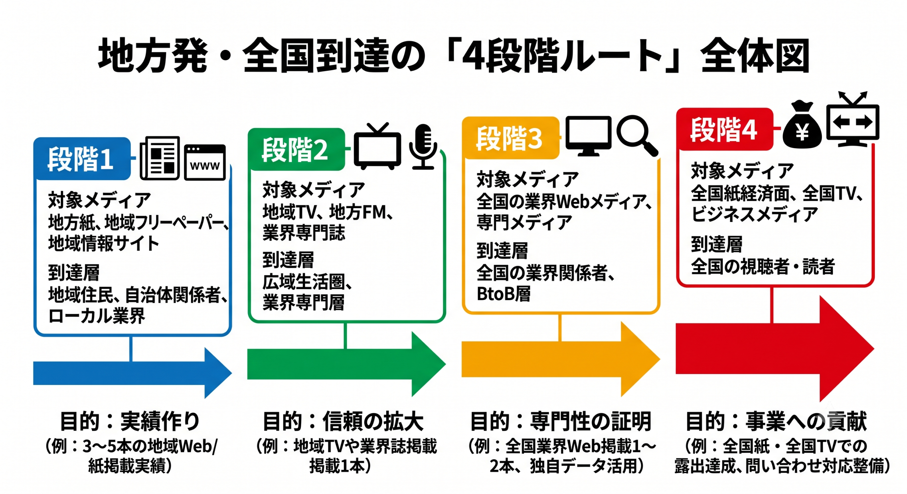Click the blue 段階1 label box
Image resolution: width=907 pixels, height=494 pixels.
click(82, 159)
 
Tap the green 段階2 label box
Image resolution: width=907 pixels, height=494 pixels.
click(296, 149)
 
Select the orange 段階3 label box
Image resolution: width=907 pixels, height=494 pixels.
click(511, 138)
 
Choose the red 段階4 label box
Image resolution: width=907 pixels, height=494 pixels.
click(725, 129)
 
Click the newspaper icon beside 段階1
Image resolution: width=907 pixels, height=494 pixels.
click(160, 158)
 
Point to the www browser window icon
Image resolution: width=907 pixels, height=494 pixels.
click(205, 162)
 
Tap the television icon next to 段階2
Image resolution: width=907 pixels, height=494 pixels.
click(377, 146)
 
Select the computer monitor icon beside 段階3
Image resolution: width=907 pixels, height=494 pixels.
click(588, 136)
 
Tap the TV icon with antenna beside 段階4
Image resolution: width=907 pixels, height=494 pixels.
click(853, 119)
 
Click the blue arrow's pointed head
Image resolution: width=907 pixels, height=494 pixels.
click(218, 373)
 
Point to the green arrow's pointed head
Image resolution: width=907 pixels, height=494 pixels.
click(428, 364)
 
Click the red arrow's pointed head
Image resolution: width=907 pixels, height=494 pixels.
click(847, 349)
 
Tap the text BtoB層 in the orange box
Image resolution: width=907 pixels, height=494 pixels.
click(503, 294)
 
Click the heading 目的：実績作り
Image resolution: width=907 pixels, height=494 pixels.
click(130, 421)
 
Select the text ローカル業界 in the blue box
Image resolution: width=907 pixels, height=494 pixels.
click(97, 316)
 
